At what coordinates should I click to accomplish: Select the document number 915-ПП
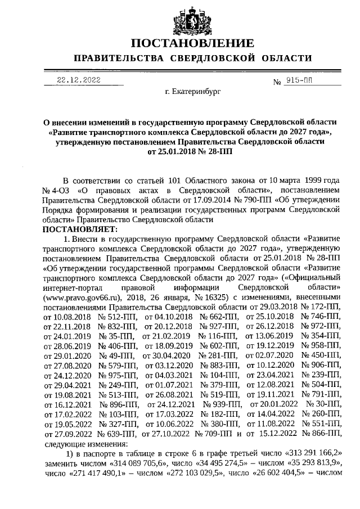point(308,80)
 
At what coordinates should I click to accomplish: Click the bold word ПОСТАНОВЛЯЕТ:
point(79,229)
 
